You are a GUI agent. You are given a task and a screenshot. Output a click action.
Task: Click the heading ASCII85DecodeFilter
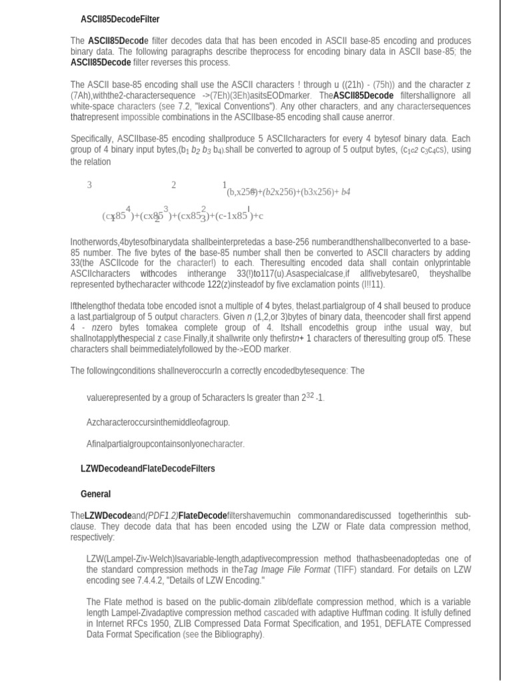point(120,19)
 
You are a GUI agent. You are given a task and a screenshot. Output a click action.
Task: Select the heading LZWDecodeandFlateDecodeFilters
point(147,469)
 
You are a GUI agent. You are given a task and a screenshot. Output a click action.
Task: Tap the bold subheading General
point(95,494)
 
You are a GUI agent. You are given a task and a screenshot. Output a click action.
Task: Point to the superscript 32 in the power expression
point(309,396)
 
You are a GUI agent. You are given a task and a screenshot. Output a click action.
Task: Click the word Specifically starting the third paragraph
point(93,139)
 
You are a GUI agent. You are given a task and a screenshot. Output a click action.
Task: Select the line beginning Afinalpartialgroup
point(165,444)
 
